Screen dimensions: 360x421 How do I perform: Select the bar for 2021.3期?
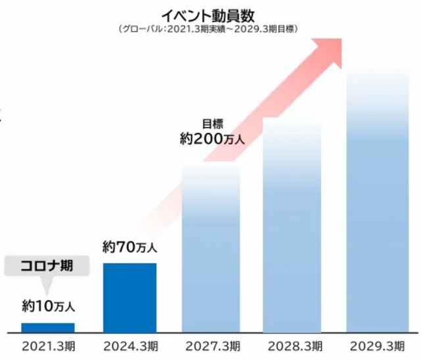click(x=48, y=328)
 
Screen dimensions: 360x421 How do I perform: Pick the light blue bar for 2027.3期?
click(x=211, y=250)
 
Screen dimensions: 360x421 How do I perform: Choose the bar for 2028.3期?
click(x=293, y=227)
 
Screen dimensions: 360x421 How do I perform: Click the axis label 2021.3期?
click(x=48, y=346)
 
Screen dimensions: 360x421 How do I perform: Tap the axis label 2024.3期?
click(x=130, y=346)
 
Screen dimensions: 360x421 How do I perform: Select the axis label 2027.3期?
click(x=211, y=346)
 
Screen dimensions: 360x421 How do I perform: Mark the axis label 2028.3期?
click(x=293, y=346)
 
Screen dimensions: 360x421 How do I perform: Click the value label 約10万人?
click(x=49, y=306)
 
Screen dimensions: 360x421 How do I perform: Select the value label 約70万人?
click(x=130, y=247)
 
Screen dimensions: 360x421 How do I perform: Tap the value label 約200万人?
click(x=212, y=139)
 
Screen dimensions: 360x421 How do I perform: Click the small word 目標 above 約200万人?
click(x=212, y=123)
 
